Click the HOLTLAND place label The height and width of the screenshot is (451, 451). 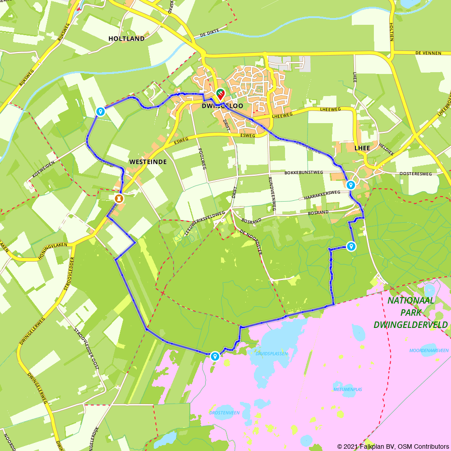pos(126,39)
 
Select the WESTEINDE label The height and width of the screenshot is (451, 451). pos(148,161)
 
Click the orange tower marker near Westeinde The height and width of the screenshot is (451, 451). pos(119,198)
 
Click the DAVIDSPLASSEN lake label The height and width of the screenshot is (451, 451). pos(272,353)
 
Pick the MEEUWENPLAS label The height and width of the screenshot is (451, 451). pos(348,389)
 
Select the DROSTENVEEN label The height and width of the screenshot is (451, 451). pos(224,412)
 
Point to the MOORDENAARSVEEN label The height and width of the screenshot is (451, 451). pos(429,350)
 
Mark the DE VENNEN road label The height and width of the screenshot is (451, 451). pos(428,53)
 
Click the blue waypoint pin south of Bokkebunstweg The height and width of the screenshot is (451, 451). pos(350,184)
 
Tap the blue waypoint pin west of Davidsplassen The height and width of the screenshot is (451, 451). pos(215,356)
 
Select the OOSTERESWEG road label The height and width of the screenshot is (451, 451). pos(415,174)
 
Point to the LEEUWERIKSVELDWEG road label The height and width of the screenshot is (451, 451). pos(205,221)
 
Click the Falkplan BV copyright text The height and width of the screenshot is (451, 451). pos(393,446)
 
